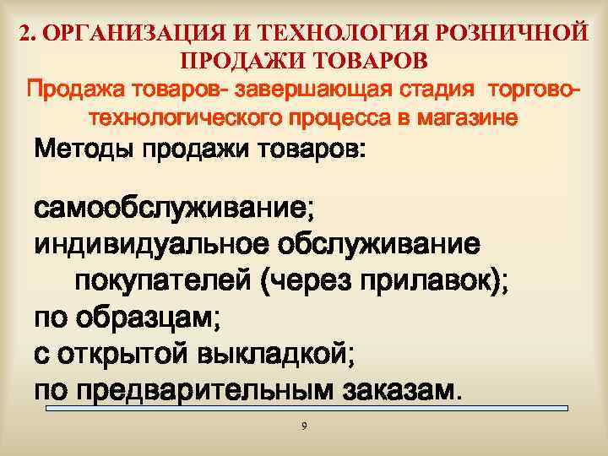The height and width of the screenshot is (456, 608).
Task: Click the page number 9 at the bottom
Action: (304, 425)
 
